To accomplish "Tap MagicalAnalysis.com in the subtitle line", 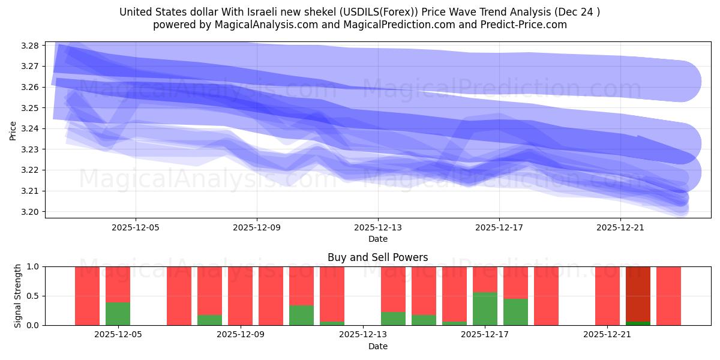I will point(260,25).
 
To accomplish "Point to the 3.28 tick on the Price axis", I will point(30,46).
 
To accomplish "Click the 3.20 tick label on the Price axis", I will point(30,212).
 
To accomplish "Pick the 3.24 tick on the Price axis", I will point(30,128).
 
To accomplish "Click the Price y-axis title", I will point(13,130).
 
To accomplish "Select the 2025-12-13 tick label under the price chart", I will point(378,227).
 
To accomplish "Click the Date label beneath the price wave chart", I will point(378,239).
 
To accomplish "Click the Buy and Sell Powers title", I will point(378,257).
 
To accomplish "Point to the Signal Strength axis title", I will point(18,296).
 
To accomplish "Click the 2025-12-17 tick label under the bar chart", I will point(485,335).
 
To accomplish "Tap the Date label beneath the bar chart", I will point(378,346).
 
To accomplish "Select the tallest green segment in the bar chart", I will point(485,308).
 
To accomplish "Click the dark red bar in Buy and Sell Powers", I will point(638,294).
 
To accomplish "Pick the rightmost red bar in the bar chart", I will point(668,296).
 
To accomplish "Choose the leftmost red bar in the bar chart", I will point(87,296).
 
